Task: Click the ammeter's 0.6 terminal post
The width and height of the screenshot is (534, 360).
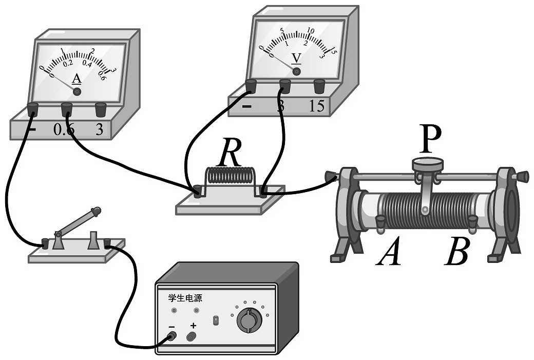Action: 66,109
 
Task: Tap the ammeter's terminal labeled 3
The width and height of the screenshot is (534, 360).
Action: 101,109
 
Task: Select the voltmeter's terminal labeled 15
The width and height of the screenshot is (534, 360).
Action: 319,85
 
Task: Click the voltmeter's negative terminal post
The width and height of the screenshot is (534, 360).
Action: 251,85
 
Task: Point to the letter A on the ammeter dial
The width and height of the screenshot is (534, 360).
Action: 77,79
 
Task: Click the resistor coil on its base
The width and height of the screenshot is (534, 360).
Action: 230,180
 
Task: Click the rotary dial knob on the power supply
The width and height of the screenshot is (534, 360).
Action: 249,321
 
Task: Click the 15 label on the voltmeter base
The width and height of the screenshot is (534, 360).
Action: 317,106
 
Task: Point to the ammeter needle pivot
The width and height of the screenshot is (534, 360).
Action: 77,91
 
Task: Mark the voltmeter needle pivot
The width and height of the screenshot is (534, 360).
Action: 296,72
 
